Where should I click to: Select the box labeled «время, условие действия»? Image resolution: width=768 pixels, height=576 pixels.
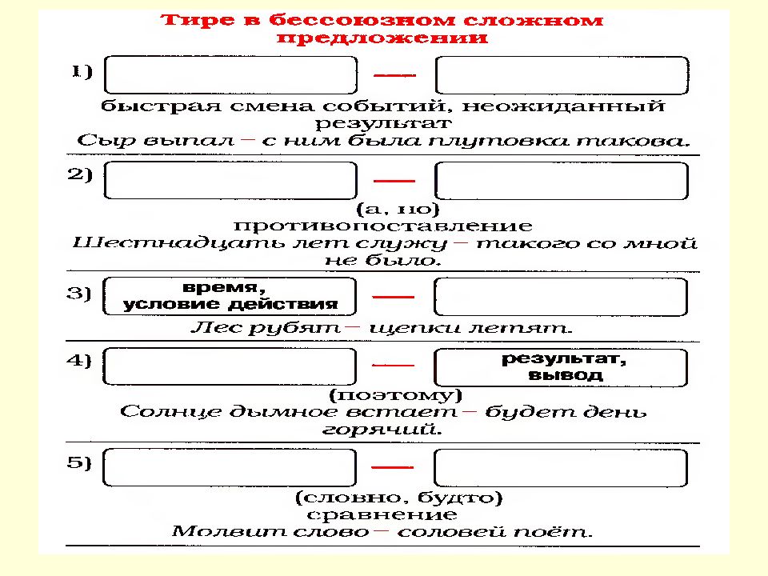point(230,296)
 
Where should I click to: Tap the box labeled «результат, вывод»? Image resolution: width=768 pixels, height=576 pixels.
point(561,367)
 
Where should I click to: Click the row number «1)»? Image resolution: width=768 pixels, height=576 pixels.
point(82,71)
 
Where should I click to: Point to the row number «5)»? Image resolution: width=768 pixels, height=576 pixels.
point(79,462)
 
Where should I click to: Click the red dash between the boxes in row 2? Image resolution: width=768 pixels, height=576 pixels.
point(394,181)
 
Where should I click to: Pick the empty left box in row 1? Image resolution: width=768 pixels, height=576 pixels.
point(230,75)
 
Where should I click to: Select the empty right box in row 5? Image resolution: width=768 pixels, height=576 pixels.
point(561,468)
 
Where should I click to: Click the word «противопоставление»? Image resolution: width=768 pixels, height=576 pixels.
point(382,226)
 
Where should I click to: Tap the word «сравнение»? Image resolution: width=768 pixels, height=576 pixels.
point(382,514)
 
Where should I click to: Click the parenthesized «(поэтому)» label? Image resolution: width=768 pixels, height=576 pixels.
point(396,394)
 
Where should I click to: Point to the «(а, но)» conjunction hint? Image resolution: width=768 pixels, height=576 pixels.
point(398,209)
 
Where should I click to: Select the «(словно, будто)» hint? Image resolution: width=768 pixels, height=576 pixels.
point(398,498)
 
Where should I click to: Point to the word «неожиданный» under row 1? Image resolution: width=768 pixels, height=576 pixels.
point(563,106)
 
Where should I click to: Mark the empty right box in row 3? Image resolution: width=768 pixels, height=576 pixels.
point(561,296)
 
